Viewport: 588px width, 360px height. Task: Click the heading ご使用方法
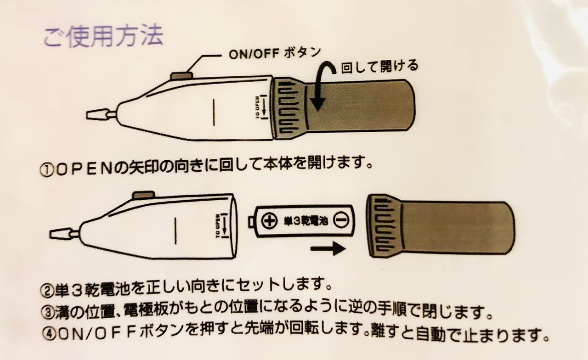point(103,36)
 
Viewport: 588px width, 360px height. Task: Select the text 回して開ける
point(380,67)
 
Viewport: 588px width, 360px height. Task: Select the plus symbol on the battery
point(268,221)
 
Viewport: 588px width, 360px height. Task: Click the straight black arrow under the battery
point(328,248)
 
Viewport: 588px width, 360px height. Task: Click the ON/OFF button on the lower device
point(143,195)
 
